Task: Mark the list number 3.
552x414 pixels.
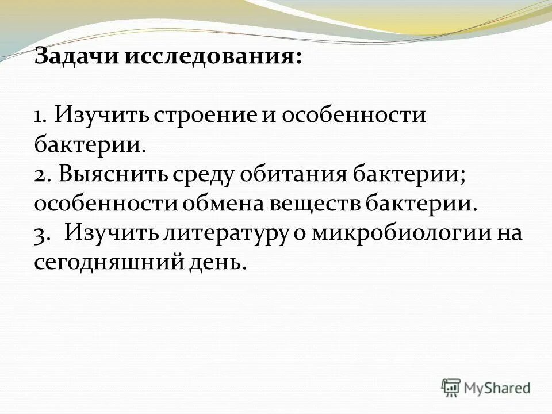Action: (41, 235)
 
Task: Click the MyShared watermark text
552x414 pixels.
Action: (497, 388)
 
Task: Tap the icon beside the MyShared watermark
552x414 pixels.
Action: (451, 388)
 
